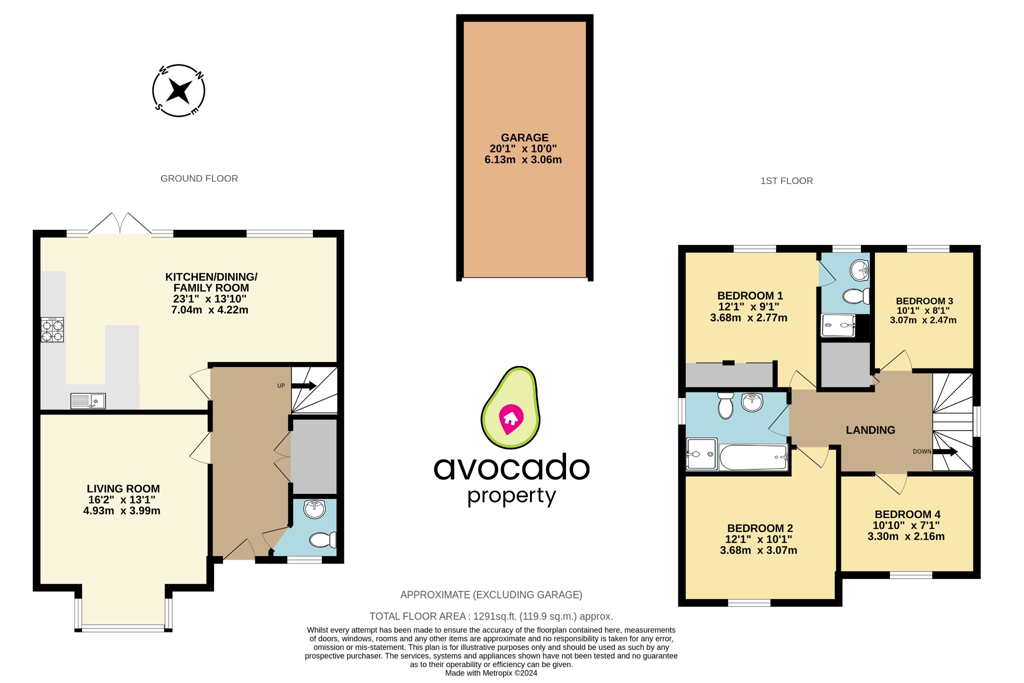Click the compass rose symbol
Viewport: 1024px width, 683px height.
178,90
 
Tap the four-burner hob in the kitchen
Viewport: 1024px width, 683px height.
52,329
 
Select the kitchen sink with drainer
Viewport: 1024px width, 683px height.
88,401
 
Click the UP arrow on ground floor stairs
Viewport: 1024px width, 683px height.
303,385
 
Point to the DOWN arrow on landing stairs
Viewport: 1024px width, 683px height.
945,451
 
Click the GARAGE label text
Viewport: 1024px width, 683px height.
524,137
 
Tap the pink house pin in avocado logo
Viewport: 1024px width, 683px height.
510,418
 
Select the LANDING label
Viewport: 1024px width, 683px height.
870,430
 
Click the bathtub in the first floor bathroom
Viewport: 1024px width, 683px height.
753,457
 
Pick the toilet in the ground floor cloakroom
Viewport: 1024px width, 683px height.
322,540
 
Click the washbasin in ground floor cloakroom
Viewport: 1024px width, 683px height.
314,509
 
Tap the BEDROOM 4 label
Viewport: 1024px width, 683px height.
907,514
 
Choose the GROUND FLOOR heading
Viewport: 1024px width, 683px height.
199,178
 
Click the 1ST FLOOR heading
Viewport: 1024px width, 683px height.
786,181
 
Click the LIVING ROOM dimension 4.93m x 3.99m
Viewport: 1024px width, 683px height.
121,511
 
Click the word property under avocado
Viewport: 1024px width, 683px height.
511,496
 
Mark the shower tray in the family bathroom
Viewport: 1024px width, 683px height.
701,454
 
